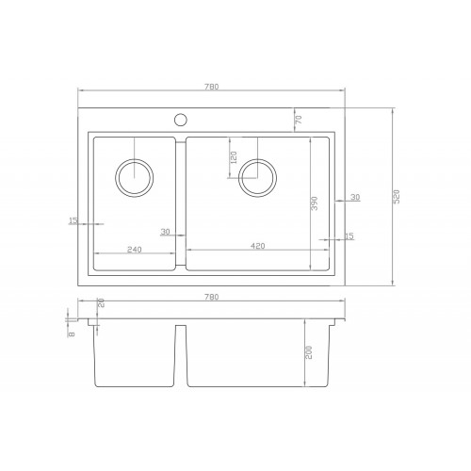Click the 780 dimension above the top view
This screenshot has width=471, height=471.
[x=211, y=87]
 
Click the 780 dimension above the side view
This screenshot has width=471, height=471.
[x=211, y=297]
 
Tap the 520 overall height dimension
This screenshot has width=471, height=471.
[x=397, y=197]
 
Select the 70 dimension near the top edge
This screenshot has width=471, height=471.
[x=299, y=120]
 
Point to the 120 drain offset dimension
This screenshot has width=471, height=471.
[x=234, y=157]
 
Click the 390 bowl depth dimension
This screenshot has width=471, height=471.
[x=315, y=203]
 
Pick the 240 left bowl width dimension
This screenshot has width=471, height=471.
[x=135, y=250]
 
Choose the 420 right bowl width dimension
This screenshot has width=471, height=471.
[x=258, y=246]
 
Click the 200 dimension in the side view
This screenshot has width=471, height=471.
[x=309, y=352]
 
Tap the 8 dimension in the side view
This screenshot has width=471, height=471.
[x=72, y=334]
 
